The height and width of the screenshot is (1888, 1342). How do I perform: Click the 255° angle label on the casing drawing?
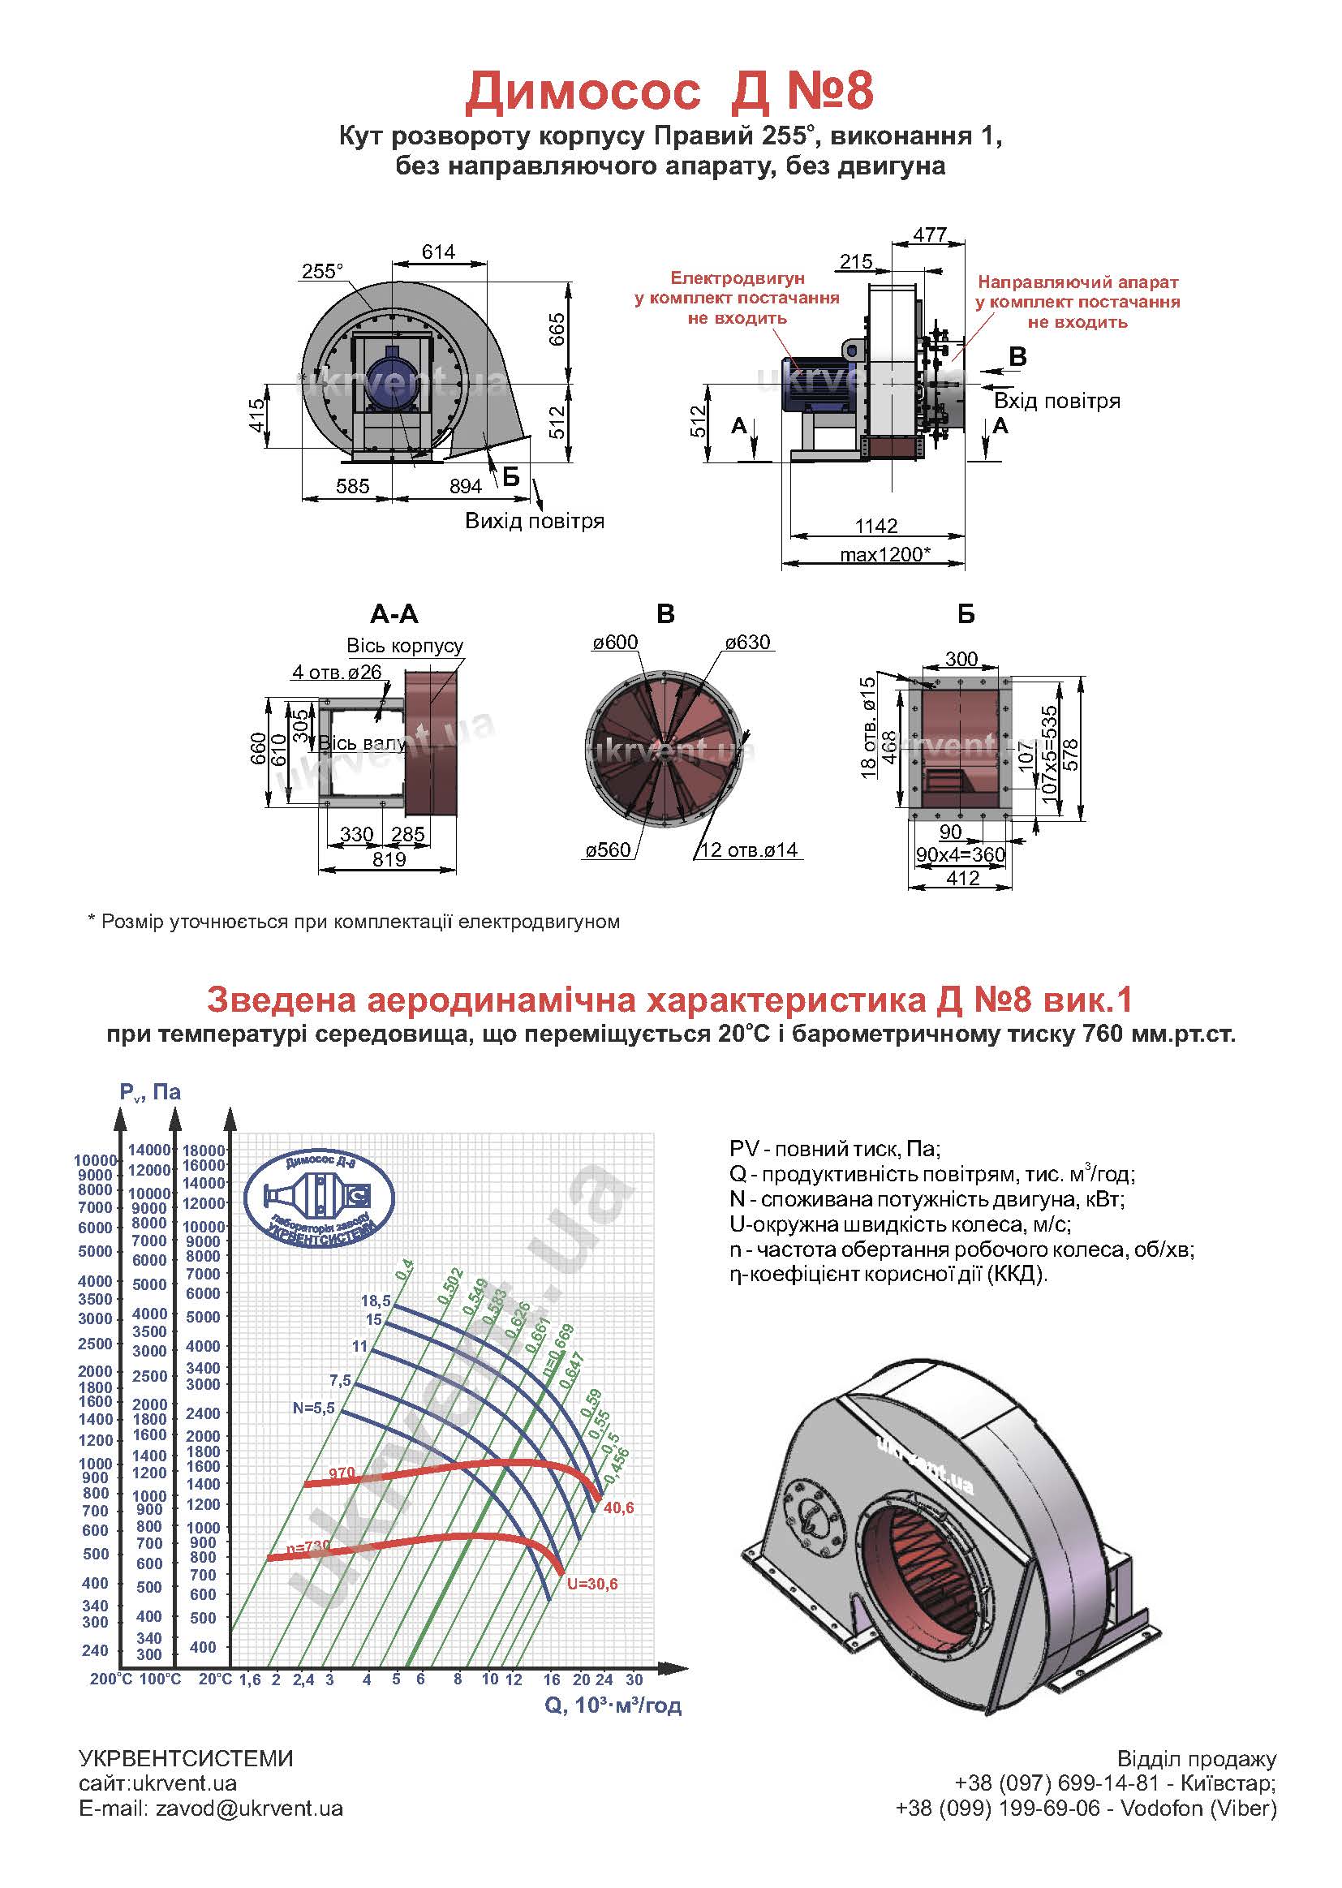pyautogui.click(x=321, y=272)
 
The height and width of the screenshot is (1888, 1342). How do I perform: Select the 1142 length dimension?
pyautogui.click(x=876, y=526)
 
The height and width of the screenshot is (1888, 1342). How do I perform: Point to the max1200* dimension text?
pyautogui.click(x=885, y=553)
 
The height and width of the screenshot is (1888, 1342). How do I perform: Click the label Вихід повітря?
pyautogui.click(x=535, y=522)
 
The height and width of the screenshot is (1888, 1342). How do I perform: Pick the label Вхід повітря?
pyautogui.click(x=1057, y=402)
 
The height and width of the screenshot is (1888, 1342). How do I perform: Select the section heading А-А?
pyautogui.click(x=394, y=614)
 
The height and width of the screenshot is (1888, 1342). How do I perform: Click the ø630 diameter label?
pyautogui.click(x=747, y=643)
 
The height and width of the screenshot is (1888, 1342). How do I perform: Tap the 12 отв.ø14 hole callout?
pyautogui.click(x=749, y=850)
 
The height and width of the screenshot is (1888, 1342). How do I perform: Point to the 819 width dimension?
pyautogui.click(x=389, y=859)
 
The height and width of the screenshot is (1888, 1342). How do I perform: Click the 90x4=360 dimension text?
pyautogui.click(x=960, y=855)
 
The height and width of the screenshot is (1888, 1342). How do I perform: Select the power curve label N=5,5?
pyautogui.click(x=313, y=1408)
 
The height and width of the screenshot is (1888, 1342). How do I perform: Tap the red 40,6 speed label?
pyautogui.click(x=619, y=1508)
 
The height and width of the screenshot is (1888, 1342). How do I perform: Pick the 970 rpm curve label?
pyautogui.click(x=342, y=1473)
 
